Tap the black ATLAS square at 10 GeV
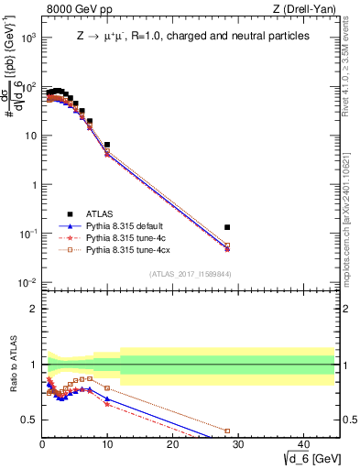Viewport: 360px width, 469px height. [107, 145]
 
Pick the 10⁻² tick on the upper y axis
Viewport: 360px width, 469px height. [27, 282]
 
